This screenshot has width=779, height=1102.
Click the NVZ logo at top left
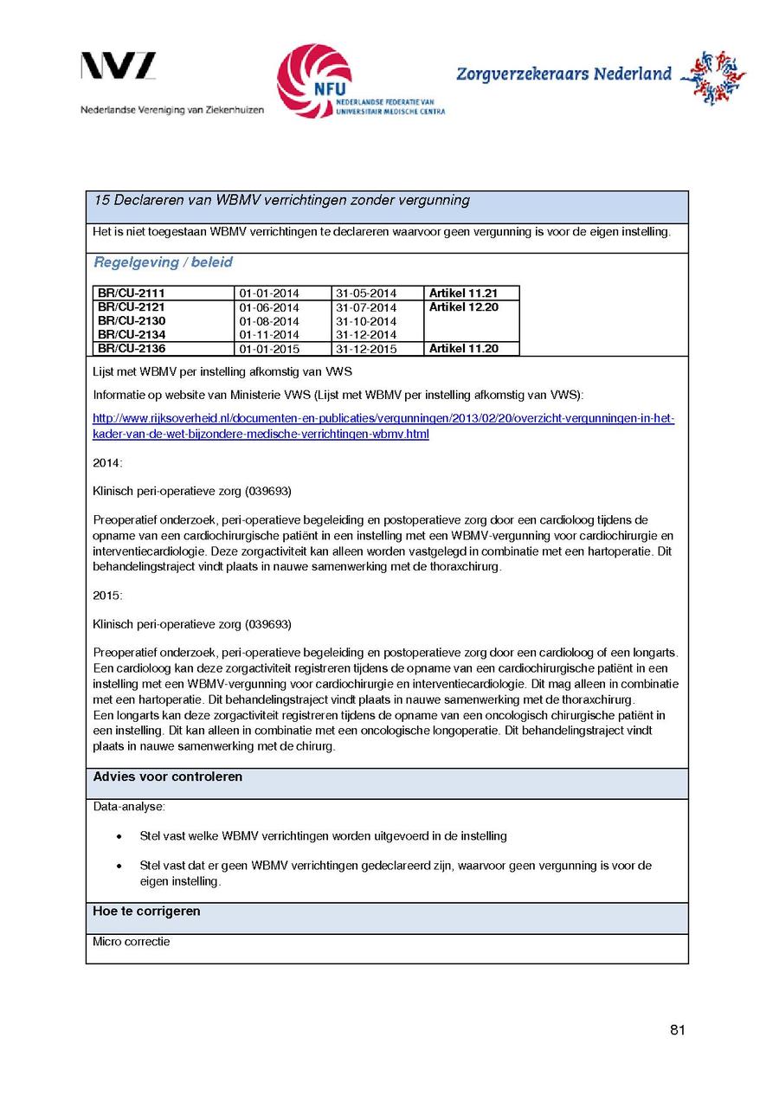coord(119,67)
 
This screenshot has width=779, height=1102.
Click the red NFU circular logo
coord(313,81)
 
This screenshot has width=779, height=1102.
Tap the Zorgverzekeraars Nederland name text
coord(563,74)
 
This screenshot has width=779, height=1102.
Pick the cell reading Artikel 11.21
coord(463,293)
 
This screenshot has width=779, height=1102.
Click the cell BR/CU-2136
coord(132,349)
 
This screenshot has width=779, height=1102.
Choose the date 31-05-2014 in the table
coord(366,293)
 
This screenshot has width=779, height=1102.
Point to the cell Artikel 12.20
coord(463,307)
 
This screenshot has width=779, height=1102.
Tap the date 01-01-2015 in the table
coord(269,349)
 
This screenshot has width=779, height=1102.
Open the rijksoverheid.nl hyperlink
coord(383,427)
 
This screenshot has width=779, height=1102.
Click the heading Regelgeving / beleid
coord(163,262)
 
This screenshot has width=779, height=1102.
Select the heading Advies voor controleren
coord(168,777)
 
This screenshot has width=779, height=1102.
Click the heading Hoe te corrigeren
coord(146,912)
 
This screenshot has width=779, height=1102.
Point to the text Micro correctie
coord(132,942)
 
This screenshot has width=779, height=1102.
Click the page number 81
coord(677,1030)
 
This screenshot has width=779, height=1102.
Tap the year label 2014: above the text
coord(108,463)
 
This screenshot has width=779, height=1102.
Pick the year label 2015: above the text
coord(108,596)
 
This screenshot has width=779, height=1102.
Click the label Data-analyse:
coord(129,807)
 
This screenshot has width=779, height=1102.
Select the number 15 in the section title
coord(101,201)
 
